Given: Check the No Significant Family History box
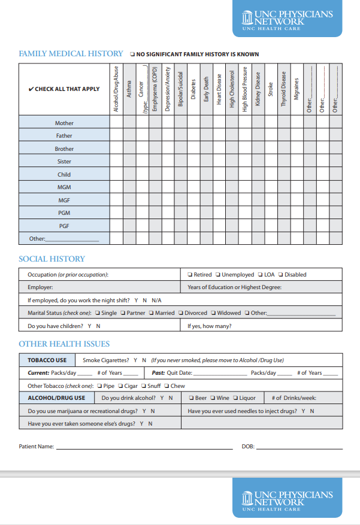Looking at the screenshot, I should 132,54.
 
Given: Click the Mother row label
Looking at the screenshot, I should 64,123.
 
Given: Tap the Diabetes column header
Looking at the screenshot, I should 193,90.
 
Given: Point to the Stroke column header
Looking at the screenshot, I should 271,90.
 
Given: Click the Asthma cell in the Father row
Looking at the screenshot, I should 129,136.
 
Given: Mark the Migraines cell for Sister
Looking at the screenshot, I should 297,162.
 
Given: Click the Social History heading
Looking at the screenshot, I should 52,259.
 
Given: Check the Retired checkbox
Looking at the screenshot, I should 189,275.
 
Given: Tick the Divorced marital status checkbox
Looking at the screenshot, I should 180,313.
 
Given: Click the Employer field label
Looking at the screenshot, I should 40,287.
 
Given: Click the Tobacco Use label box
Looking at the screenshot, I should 47,360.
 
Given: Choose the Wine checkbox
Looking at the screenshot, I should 213,398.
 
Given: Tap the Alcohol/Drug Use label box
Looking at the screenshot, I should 56,397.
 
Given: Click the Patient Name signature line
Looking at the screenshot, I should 144,448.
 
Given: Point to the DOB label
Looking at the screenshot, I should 248,447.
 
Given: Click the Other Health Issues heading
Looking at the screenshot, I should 64,344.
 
